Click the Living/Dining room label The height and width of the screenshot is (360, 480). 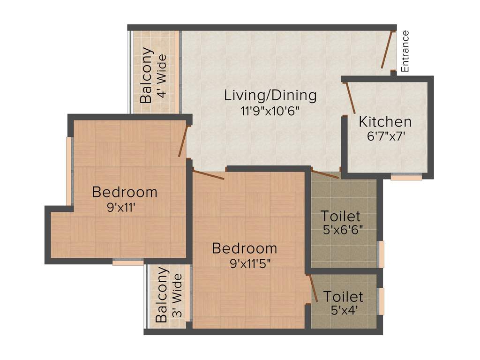(270, 96)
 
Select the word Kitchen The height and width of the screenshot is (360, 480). (385, 122)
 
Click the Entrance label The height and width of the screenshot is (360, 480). (405, 51)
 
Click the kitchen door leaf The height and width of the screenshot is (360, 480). (350, 98)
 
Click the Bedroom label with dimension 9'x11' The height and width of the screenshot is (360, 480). (124, 192)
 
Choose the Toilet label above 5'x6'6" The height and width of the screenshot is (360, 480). (341, 216)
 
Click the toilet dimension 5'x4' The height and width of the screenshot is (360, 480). (343, 310)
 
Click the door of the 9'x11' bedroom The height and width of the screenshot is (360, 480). (183, 141)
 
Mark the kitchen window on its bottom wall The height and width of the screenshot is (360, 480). (406, 177)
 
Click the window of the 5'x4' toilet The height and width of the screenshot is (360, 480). (382, 301)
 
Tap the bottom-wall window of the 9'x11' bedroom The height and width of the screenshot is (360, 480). (128, 262)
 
